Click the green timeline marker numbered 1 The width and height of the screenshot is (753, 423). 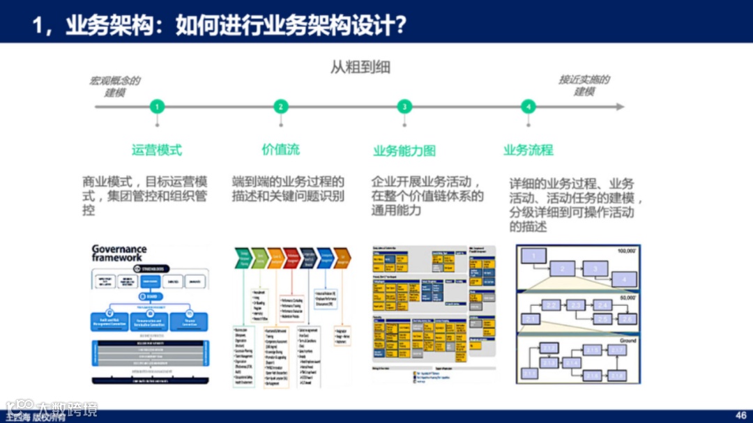[158, 107]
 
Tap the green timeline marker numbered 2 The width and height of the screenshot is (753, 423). [281, 107]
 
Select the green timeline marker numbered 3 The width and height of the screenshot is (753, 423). [404, 107]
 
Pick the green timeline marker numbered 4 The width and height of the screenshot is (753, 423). [528, 107]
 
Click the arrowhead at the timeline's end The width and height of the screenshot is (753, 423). [620, 107]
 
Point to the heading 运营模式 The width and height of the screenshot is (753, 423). [157, 149]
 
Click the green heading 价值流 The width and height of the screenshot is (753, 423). [280, 149]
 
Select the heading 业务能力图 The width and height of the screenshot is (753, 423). [404, 151]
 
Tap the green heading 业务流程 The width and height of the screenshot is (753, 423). [528, 149]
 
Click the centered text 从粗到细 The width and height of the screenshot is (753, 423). [360, 68]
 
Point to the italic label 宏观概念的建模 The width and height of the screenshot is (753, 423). [114, 86]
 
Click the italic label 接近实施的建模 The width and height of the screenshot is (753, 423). [584, 86]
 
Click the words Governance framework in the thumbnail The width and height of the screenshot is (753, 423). [119, 253]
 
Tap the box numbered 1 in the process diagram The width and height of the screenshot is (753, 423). [535, 257]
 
